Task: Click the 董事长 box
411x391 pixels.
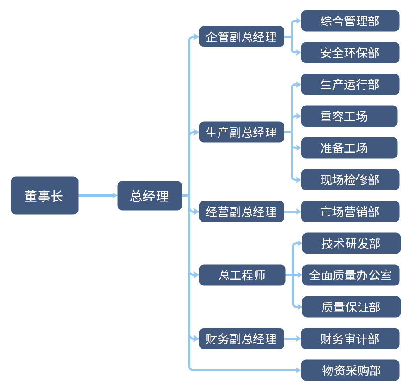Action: pyautogui.click(x=44, y=196)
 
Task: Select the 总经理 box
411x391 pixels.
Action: pyautogui.click(x=150, y=196)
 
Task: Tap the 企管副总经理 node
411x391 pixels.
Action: pyautogui.click(x=242, y=37)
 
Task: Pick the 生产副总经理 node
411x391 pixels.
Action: pyautogui.click(x=242, y=132)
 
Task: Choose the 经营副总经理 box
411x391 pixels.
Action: pyautogui.click(x=242, y=212)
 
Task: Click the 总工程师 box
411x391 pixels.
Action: pyautogui.click(x=242, y=275)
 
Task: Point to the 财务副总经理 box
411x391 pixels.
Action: pyautogui.click(x=242, y=339)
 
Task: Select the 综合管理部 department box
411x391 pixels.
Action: pyautogui.click(x=350, y=21)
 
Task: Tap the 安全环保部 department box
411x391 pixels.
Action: pyautogui.click(x=350, y=53)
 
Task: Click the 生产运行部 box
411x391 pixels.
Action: pyautogui.click(x=350, y=84)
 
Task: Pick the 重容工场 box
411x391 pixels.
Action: pyautogui.click(x=349, y=116)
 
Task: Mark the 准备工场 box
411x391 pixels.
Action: pyautogui.click(x=349, y=148)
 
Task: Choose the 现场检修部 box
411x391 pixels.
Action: pyautogui.click(x=350, y=180)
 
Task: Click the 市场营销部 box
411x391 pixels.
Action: pyautogui.click(x=350, y=212)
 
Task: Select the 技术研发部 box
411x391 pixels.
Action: pyautogui.click(x=351, y=243)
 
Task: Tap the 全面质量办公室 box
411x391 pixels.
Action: pyautogui.click(x=351, y=275)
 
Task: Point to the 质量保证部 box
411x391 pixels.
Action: pyautogui.click(x=351, y=307)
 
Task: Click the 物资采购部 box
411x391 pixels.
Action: pyautogui.click(x=350, y=370)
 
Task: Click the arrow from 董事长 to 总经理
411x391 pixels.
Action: pyautogui.click(x=98, y=196)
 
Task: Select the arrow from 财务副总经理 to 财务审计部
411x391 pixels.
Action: pyautogui.click(x=293, y=339)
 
